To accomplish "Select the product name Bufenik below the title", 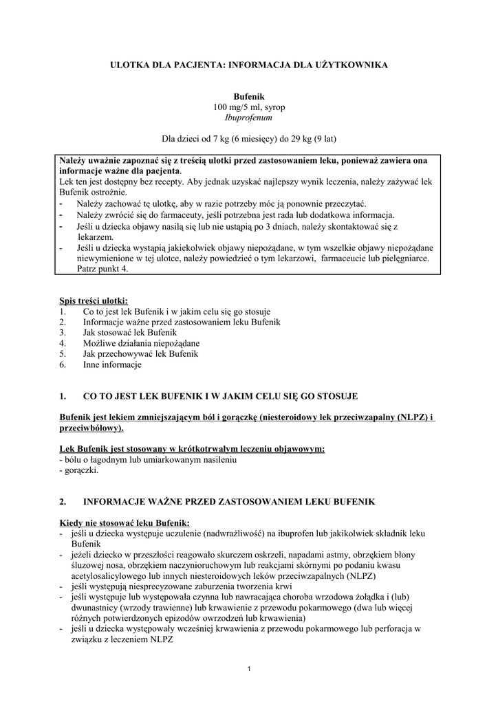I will tap(248, 98).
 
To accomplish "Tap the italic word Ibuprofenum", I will tap(248, 118).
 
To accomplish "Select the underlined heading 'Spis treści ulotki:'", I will tap(94, 301).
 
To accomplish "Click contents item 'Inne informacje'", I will tap(112, 364).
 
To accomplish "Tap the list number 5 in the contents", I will tap(63, 354).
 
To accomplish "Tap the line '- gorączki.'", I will tap(80, 471).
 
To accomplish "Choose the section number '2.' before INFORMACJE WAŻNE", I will tap(64, 503).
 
